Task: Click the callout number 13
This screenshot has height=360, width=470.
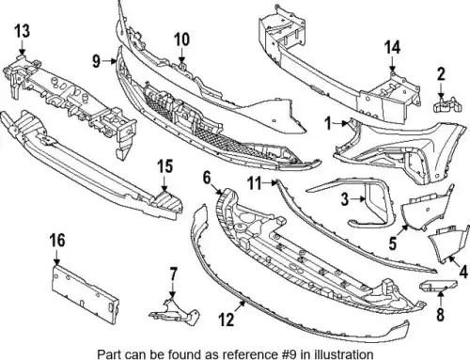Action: tap(23, 31)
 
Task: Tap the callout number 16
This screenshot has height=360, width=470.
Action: tap(57, 241)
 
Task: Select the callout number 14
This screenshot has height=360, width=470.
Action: tap(392, 48)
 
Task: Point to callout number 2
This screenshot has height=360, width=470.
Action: tap(441, 74)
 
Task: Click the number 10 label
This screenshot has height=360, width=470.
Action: tap(181, 39)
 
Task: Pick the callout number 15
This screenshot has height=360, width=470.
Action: tap(165, 166)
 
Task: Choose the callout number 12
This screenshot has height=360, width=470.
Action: tap(227, 320)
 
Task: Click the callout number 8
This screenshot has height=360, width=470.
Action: tap(441, 315)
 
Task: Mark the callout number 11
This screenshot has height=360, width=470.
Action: tap(254, 183)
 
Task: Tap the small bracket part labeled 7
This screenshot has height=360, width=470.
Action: tap(175, 311)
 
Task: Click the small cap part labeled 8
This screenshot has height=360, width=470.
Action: tap(438, 285)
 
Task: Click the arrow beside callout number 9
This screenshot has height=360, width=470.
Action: tap(110, 61)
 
